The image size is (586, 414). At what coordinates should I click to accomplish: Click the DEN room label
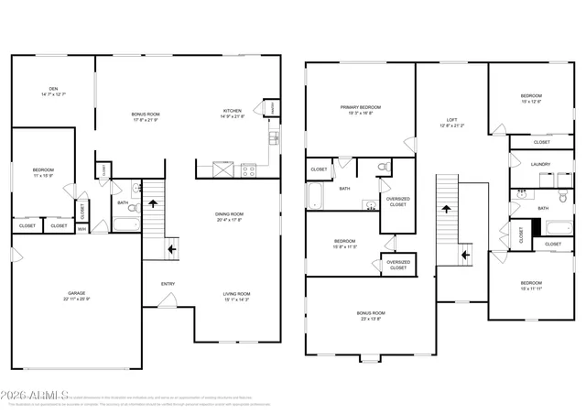pyautogui.click(x=53, y=89)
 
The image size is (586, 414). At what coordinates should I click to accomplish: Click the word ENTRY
pyautogui.click(x=168, y=283)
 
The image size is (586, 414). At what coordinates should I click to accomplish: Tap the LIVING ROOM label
pyautogui.click(x=236, y=294)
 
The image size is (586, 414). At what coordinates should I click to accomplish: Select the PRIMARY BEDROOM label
pyautogui.click(x=360, y=107)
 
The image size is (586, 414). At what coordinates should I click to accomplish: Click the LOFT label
pyautogui.click(x=451, y=120)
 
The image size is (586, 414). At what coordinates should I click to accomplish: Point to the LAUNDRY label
pyautogui.click(x=540, y=165)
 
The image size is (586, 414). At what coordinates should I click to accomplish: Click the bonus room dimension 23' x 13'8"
pyautogui.click(x=371, y=319)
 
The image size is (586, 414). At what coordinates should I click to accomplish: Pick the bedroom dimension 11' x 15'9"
pyautogui.click(x=43, y=176)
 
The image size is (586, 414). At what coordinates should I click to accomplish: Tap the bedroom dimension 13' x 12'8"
pyautogui.click(x=531, y=102)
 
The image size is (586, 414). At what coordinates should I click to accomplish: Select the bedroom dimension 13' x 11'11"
pyautogui.click(x=531, y=289)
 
